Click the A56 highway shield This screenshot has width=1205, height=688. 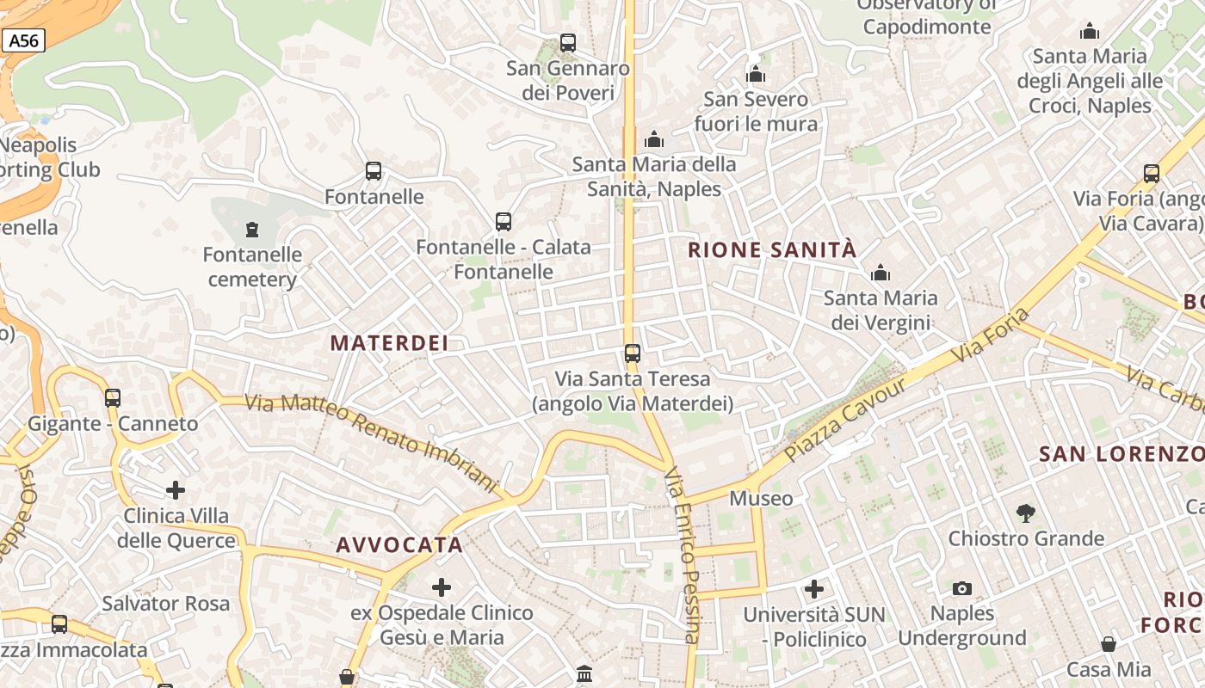[x=23, y=40]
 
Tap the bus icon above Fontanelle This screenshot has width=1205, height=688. [x=374, y=170]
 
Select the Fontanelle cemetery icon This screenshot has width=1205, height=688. [x=251, y=230]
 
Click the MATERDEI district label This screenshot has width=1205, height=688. [x=389, y=343]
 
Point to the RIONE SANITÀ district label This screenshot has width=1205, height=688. [x=772, y=250]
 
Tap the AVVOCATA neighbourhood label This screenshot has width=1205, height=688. [x=399, y=544]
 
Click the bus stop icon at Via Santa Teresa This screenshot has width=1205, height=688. [x=633, y=353]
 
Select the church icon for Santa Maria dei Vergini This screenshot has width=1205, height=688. [x=880, y=273]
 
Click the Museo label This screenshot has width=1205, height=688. [x=761, y=498]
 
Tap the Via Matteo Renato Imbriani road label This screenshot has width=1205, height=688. [x=372, y=442]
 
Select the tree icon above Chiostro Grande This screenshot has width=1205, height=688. [x=1025, y=513]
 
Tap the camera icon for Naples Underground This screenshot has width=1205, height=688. [x=962, y=588]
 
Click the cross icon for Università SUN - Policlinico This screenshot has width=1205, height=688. [x=814, y=589]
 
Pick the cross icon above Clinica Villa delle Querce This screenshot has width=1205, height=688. [x=176, y=490]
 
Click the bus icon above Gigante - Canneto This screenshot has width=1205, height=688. [x=113, y=397]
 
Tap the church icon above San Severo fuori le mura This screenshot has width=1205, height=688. [x=756, y=74]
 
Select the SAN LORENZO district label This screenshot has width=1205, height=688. [x=1121, y=454]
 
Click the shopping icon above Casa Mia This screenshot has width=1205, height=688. [x=1109, y=644]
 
